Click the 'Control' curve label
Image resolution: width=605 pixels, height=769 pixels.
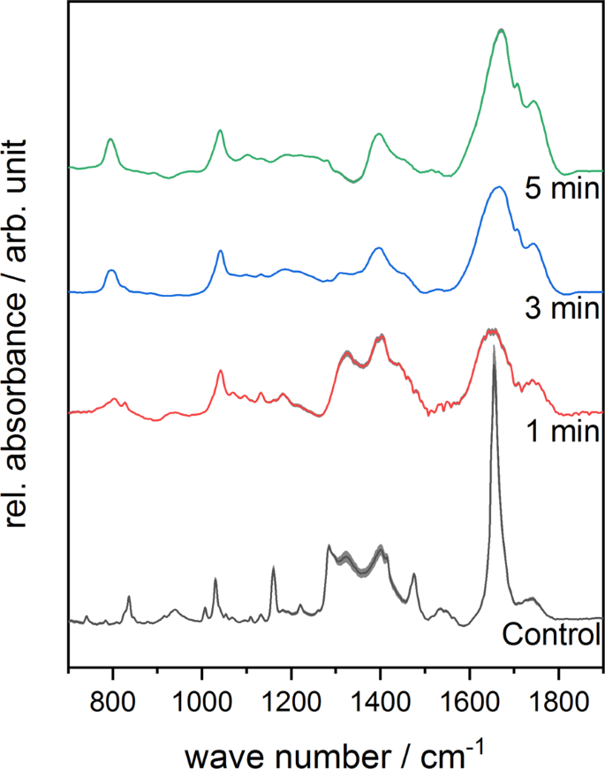click(551, 634)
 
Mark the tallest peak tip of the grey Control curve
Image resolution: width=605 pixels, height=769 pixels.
click(493, 345)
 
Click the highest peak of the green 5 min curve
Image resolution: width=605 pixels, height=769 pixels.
click(502, 30)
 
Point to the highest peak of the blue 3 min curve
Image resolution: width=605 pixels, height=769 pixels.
click(499, 187)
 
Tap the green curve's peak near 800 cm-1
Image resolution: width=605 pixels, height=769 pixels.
click(110, 139)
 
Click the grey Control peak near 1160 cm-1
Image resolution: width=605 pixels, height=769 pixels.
click(273, 568)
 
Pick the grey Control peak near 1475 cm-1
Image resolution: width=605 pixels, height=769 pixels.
click(413, 575)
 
